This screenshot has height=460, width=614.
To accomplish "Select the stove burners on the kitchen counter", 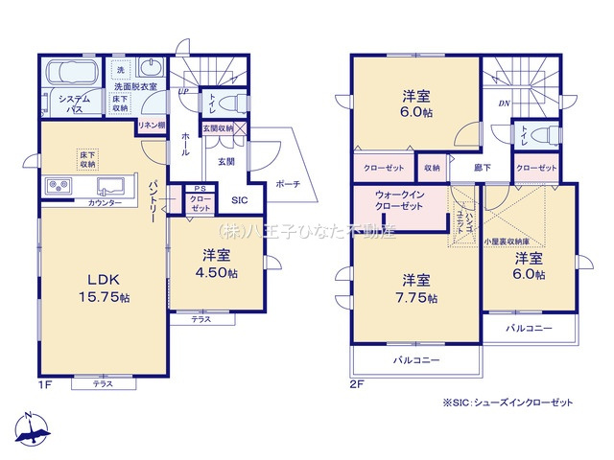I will [x=56, y=185].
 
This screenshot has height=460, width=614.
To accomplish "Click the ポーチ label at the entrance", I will [x=287, y=183].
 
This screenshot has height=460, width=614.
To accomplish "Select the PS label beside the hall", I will [x=199, y=189].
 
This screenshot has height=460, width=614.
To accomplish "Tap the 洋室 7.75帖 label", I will [x=415, y=288].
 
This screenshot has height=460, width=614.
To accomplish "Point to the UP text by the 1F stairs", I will [x=182, y=92].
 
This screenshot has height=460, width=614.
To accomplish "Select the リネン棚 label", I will [x=150, y=126].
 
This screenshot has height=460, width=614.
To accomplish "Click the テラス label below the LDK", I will [x=102, y=383].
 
